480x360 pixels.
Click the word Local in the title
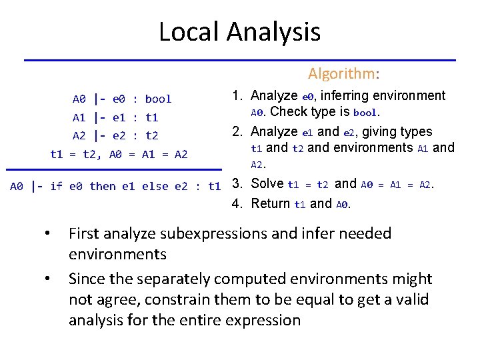pyautogui.click(x=189, y=31)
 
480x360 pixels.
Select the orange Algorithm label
pyautogui.click(x=342, y=73)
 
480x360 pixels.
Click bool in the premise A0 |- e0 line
pyautogui.click(x=158, y=99)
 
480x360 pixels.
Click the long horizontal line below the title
pyautogui.click(x=240, y=60)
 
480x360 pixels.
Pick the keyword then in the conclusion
pyautogui.click(x=102, y=186)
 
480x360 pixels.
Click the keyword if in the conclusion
pyautogui.click(x=55, y=186)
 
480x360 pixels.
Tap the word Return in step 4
pyautogui.click(x=270, y=203)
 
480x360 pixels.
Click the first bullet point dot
pyautogui.click(x=47, y=234)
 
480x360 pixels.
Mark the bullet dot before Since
pyautogui.click(x=47, y=279)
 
